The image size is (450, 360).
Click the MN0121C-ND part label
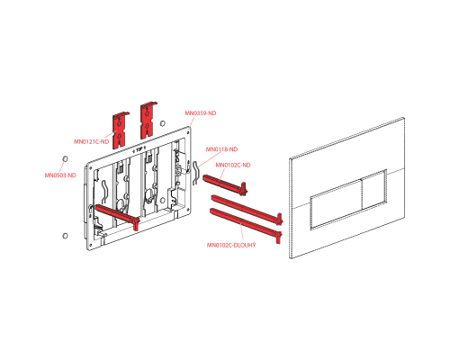[x=91, y=141]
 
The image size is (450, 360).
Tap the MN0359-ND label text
[x=200, y=113]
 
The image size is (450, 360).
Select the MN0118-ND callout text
[x=221, y=149]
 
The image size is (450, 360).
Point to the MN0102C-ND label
[x=233, y=165]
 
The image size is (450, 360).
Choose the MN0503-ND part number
[x=60, y=175]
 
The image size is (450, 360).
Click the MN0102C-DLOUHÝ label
[x=231, y=245]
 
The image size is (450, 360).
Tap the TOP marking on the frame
[x=139, y=150]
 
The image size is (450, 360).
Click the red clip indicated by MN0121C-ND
[x=120, y=130]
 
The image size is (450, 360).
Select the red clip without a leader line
[x=148, y=121]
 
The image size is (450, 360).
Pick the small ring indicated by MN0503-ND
[x=65, y=158]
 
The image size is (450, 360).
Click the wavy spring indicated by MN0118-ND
[x=195, y=173]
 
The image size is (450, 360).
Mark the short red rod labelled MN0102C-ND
[x=224, y=184]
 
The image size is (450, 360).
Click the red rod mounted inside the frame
[x=118, y=216]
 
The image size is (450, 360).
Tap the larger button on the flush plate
[x=336, y=204]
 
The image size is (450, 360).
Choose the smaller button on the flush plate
[x=373, y=190]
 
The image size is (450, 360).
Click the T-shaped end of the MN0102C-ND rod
[x=243, y=189]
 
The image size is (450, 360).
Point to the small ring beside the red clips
[x=163, y=123]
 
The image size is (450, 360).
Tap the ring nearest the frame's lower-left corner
[x=65, y=236]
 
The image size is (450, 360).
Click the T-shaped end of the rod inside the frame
[x=136, y=223]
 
